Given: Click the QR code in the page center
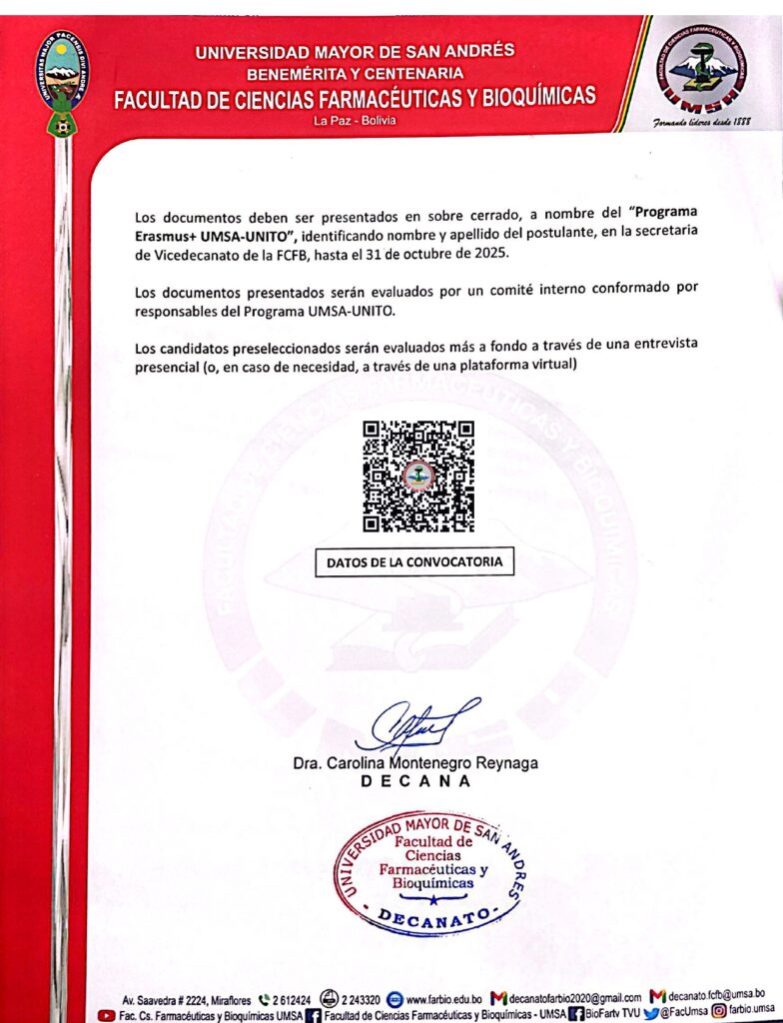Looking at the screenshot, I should click(x=417, y=476).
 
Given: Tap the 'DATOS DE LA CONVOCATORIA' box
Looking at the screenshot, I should click(x=415, y=563).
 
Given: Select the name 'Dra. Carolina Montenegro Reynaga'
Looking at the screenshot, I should click(x=415, y=763).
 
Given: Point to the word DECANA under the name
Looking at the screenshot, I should click(x=415, y=782).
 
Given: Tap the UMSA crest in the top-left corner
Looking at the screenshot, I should click(x=64, y=80).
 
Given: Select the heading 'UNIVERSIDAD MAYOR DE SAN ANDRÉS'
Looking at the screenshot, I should click(x=355, y=52).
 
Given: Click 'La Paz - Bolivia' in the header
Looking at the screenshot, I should click(x=355, y=121).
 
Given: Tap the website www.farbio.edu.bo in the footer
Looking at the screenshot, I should click(x=445, y=998).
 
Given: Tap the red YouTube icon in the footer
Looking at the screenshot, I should click(x=106, y=1014).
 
